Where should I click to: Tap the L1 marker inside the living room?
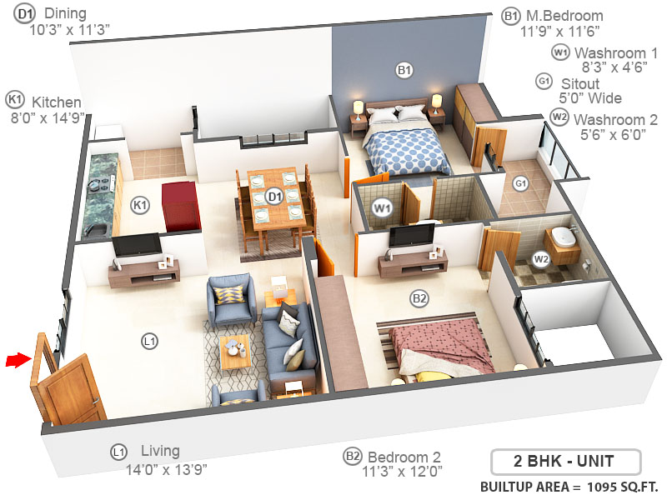tap(150, 340)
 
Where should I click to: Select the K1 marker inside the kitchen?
tap(140, 203)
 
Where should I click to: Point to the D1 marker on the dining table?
tap(273, 197)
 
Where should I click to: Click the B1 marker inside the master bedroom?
tap(404, 72)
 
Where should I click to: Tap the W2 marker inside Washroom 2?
tap(542, 259)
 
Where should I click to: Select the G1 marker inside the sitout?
tap(522, 182)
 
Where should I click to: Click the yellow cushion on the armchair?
tap(229, 294)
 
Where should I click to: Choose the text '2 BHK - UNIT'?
tap(564, 460)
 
